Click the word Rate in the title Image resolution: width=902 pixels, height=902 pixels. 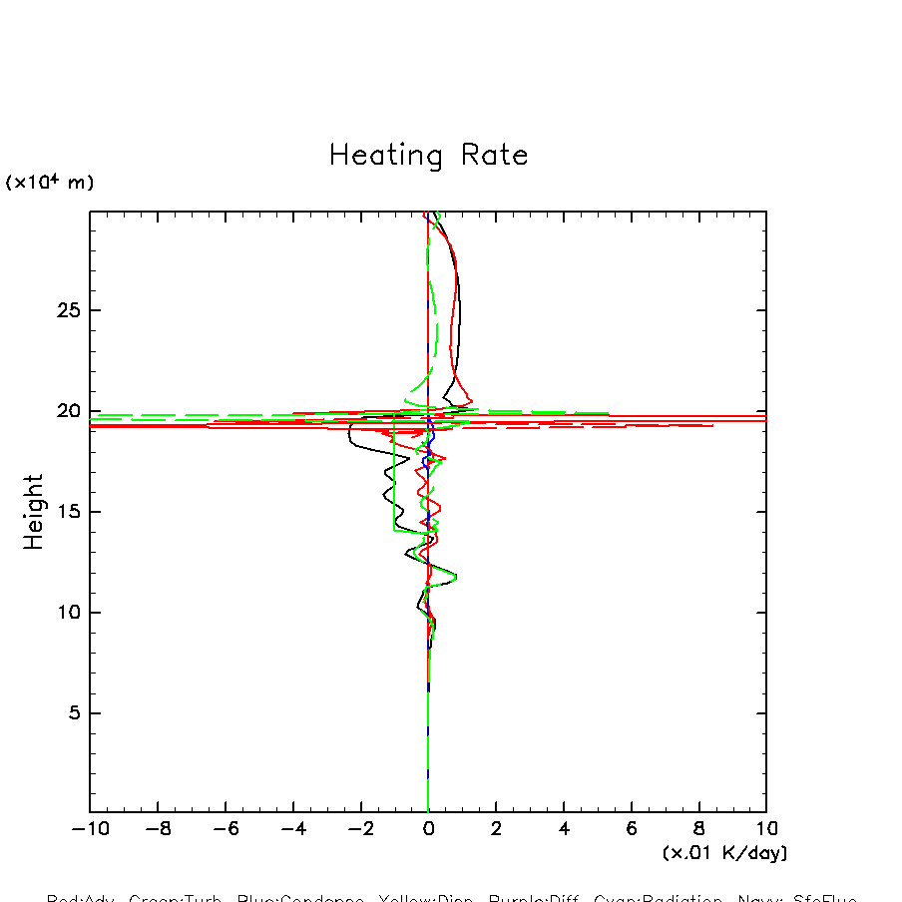click(495, 156)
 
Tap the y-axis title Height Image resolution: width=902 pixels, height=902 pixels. click(34, 512)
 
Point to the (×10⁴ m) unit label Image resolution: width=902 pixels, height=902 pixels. click(50, 183)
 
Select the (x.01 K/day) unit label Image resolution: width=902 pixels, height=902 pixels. click(725, 853)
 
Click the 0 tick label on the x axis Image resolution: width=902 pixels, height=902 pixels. click(428, 829)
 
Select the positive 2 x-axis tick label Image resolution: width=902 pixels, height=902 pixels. click(496, 829)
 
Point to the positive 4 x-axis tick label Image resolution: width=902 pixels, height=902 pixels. click(564, 829)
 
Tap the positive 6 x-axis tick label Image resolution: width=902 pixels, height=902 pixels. click(632, 829)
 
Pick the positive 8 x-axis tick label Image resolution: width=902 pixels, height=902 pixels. click(699, 829)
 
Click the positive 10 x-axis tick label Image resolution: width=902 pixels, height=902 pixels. click(766, 829)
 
